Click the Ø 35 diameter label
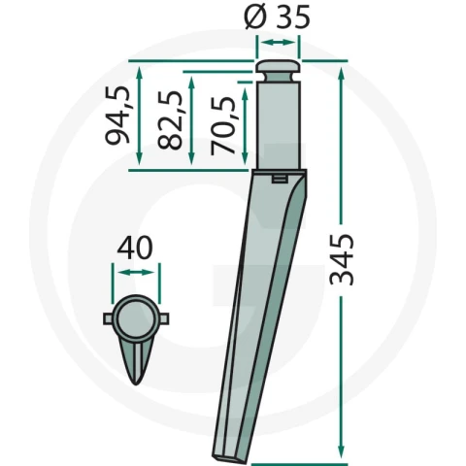point(277,17)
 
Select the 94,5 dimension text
point(118,116)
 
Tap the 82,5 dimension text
point(170,120)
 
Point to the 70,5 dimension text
point(222,125)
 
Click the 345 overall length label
point(342,260)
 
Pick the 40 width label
point(135,248)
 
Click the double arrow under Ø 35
point(278,43)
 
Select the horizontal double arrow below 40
point(136,273)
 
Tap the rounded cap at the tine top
point(279,66)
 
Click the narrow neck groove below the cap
point(279,78)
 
